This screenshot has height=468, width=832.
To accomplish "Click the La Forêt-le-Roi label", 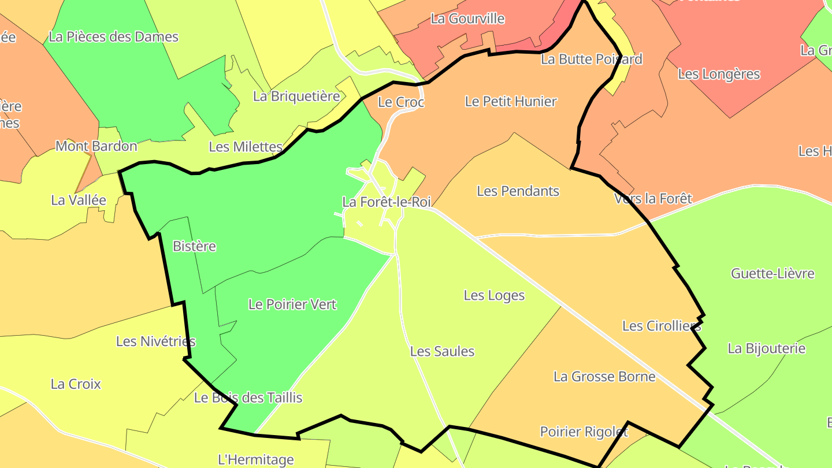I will tap(387, 202).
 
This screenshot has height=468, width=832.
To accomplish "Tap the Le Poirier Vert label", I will tap(292, 304).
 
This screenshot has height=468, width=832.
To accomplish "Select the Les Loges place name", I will tap(494, 295).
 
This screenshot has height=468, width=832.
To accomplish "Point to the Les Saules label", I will tap(442, 351).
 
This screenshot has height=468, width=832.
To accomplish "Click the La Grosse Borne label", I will tap(604, 377).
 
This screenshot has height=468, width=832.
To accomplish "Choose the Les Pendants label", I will tap(518, 191).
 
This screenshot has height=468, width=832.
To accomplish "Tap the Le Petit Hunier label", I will tap(511, 101).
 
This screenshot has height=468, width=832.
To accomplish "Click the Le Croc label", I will tap(401, 102).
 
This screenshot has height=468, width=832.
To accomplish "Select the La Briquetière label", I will tap(296, 96).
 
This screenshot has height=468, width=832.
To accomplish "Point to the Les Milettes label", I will tap(246, 147).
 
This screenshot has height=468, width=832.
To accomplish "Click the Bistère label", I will tap(194, 246).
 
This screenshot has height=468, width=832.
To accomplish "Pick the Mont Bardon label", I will tap(96, 146).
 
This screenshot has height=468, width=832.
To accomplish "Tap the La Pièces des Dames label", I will tap(113, 36).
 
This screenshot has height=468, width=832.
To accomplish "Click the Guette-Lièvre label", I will tap(772, 273).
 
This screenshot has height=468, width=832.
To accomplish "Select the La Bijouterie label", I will tap(766, 348).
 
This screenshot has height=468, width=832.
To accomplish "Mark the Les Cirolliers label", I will tap(662, 326).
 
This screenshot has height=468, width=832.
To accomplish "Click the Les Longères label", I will tap(719, 74).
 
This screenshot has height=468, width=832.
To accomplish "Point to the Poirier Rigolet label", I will tap(584, 432).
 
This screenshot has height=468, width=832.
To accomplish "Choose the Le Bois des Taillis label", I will tap(248, 398).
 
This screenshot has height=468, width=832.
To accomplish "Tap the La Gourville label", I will tap(467, 18).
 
